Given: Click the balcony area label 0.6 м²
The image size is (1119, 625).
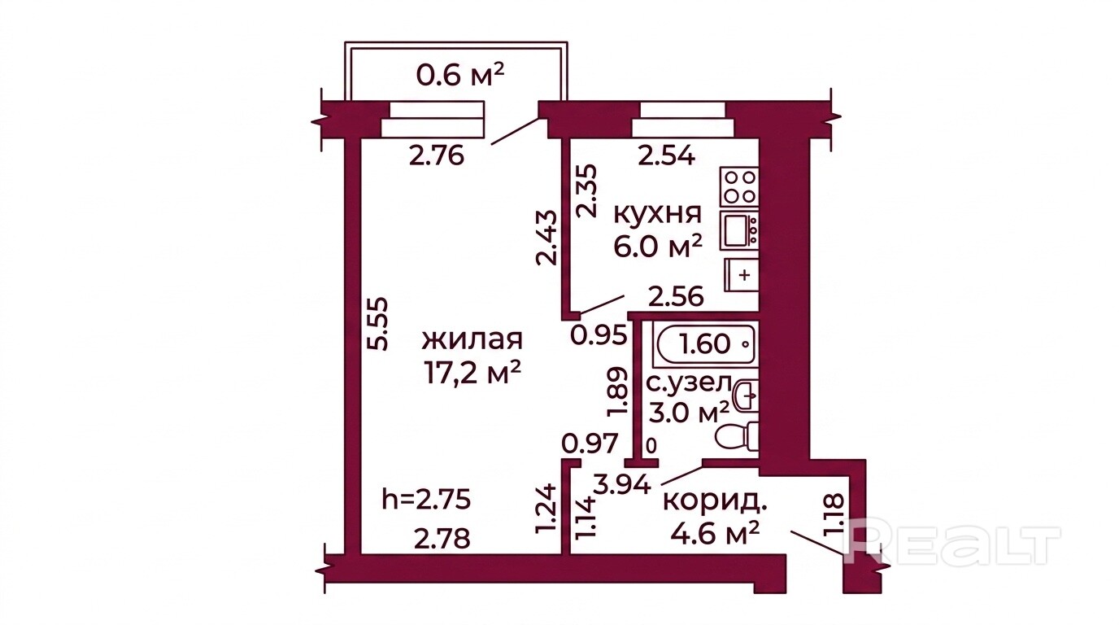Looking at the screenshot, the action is click(x=459, y=76).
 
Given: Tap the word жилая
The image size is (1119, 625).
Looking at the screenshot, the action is click(x=472, y=340).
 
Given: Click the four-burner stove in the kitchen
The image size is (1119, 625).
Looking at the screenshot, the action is click(x=739, y=186).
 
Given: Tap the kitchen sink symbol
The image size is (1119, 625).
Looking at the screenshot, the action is click(x=739, y=230).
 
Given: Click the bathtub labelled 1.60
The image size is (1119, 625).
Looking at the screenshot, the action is click(x=706, y=343).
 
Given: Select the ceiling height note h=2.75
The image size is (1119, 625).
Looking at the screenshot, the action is click(x=426, y=500).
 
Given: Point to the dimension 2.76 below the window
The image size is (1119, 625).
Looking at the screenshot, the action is click(x=437, y=155).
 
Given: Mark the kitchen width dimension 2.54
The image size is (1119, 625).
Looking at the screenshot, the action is click(x=667, y=156).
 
